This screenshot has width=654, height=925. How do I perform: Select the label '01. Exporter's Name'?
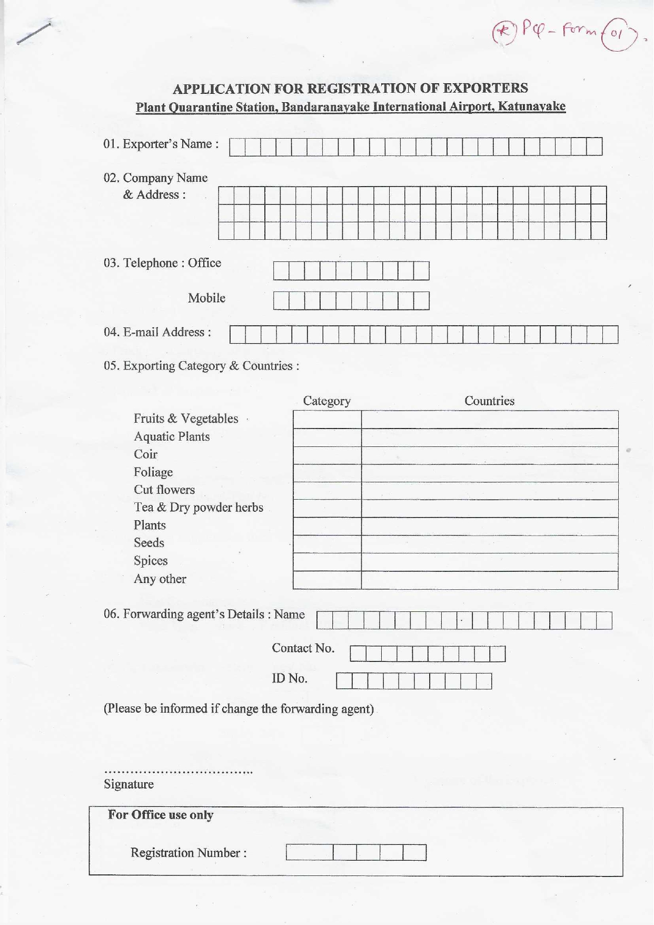(x=161, y=144)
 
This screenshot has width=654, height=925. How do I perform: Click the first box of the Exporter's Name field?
(x=237, y=147)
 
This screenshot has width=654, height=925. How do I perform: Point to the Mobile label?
(x=206, y=298)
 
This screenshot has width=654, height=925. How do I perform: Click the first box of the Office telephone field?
(x=281, y=271)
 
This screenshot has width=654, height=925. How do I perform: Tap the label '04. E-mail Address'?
(x=157, y=332)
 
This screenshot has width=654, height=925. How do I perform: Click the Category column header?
(x=326, y=401)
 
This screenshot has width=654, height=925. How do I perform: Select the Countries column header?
(x=489, y=401)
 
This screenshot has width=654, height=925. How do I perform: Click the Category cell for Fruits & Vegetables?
(x=327, y=420)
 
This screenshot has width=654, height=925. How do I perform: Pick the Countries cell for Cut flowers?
(x=490, y=491)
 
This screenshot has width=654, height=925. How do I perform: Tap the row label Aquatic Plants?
(x=172, y=436)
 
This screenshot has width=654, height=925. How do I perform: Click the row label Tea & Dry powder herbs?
(x=198, y=508)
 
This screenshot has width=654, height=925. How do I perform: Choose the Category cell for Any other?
(x=327, y=580)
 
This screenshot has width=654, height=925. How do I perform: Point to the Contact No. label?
(x=303, y=648)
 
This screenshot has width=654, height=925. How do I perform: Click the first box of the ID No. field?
(x=344, y=681)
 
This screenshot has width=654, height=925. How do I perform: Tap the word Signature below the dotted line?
(x=128, y=784)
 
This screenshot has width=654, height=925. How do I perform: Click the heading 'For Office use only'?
(x=161, y=815)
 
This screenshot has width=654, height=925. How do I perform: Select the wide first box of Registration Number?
(x=310, y=852)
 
